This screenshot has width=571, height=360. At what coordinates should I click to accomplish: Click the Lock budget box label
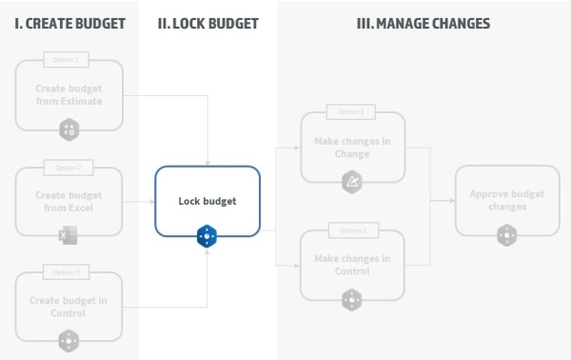coord(207,201)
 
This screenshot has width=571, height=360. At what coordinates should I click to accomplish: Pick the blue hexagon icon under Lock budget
coord(207,236)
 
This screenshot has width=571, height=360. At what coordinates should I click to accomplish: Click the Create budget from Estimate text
coord(69,94)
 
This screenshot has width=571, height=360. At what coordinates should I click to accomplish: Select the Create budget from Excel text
coord(69,201)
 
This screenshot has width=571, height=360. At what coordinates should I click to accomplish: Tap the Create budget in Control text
coord(69,307)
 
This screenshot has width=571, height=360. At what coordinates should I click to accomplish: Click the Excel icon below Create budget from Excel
coord(69,234)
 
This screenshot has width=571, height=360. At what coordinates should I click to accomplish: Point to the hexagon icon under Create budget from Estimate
coord(69,129)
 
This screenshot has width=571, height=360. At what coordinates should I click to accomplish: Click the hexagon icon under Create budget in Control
coord(69,340)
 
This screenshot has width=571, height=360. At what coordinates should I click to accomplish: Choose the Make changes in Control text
coord(352,264)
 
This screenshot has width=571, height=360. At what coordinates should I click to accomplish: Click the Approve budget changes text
coord(506,200)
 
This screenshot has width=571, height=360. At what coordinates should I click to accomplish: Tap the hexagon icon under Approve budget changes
coord(506,234)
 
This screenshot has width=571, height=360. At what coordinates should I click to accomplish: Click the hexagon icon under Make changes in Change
coord(352,181)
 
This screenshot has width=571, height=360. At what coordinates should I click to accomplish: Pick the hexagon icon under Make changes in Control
coord(352,299)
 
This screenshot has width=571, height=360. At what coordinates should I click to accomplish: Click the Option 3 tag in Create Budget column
coord(69,273)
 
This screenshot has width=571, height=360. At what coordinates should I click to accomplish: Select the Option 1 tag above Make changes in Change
coord(352,112)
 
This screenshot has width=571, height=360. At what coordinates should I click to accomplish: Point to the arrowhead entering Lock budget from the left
coord(151,201)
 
